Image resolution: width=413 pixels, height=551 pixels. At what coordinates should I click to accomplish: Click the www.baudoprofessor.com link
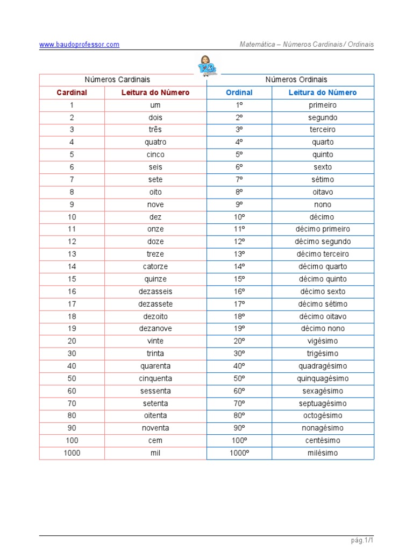tap(79, 45)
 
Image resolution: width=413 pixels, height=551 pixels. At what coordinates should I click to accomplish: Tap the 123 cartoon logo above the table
tap(206, 66)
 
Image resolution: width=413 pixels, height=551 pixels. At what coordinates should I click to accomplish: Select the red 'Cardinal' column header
tap(72, 93)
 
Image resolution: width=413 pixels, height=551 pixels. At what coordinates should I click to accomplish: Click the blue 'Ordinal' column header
tap(239, 93)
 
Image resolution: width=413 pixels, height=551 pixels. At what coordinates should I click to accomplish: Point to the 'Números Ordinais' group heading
tap(296, 80)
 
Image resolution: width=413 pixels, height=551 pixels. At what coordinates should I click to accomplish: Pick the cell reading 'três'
tap(155, 130)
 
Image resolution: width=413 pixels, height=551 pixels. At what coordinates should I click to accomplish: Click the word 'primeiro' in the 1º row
tap(323, 105)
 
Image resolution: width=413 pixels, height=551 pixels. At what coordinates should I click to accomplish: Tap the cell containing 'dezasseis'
tap(155, 292)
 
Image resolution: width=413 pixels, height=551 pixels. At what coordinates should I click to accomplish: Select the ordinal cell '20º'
tap(239, 341)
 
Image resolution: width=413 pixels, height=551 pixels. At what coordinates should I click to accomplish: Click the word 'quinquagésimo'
tap(323, 379)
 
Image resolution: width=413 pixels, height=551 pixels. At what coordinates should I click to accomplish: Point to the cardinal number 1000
tap(72, 453)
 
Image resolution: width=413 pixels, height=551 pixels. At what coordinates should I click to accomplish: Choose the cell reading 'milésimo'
tap(323, 453)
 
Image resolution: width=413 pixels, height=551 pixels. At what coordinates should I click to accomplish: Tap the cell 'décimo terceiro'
tap(323, 254)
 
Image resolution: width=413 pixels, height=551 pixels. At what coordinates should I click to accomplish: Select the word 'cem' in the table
tap(155, 441)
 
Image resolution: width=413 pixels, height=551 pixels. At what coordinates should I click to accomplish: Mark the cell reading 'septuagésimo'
tap(323, 404)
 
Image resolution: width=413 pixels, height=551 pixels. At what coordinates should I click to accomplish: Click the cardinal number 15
tap(72, 279)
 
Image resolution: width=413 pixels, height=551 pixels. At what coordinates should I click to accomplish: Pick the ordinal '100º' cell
tap(239, 441)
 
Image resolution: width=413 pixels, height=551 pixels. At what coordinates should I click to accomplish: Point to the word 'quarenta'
tap(155, 366)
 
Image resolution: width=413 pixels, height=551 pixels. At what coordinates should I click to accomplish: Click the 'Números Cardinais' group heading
tap(117, 80)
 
